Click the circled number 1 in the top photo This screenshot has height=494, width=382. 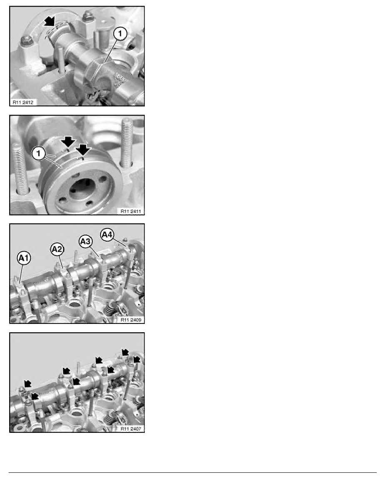coord(120,34)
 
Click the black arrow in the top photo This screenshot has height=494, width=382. coord(49,22)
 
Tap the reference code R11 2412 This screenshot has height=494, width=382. coord(23,102)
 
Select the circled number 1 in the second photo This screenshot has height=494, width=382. coord(38,153)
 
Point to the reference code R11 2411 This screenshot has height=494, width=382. coord(131,211)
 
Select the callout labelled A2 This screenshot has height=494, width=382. coord(57,249)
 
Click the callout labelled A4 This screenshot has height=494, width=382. coord(107,235)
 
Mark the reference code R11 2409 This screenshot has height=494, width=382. coord(131,320)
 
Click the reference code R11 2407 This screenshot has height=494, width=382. coord(131,428)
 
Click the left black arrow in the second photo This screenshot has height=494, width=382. coord(68,141)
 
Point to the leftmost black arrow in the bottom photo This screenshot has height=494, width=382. coord(28,383)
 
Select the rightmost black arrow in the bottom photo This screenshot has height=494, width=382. coord(136,359)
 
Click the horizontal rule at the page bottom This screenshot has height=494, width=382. coord(193,472)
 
